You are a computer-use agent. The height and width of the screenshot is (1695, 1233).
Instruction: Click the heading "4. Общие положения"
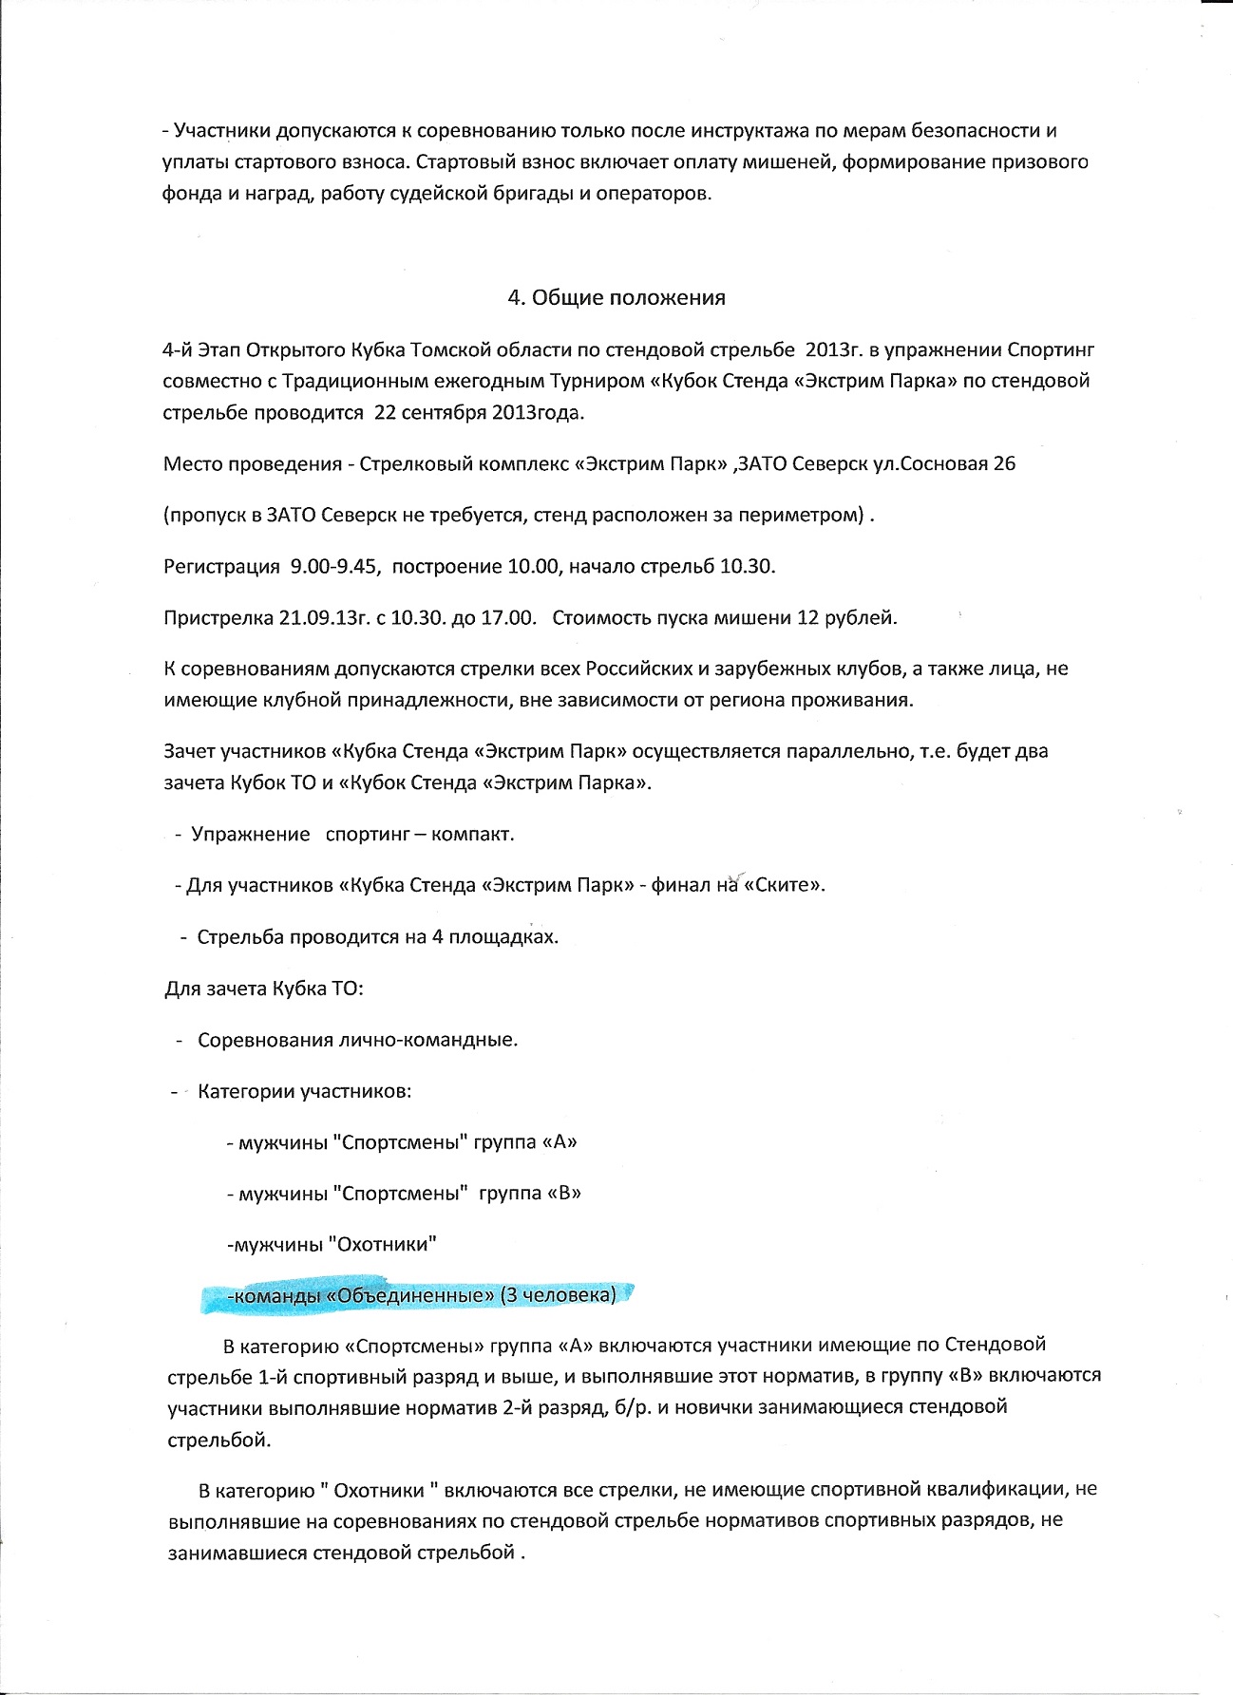[616, 297]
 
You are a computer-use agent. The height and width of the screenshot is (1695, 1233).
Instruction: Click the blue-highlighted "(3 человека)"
[559, 1294]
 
